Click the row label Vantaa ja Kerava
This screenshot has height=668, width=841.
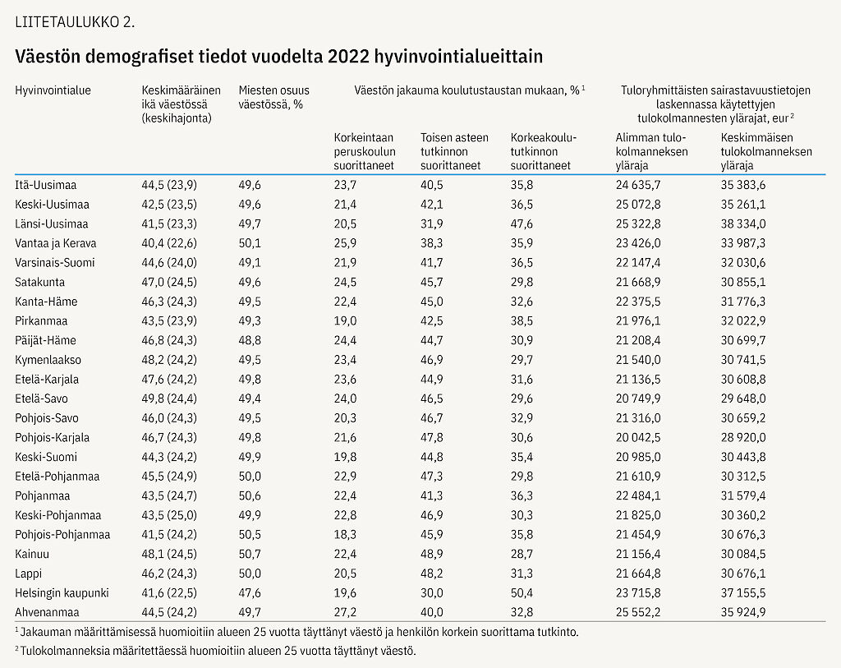coord(56,243)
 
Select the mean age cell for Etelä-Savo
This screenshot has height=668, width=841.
coord(169,398)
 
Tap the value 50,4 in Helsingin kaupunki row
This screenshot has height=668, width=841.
coord(522,593)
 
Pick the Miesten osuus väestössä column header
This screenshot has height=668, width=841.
coord(274,97)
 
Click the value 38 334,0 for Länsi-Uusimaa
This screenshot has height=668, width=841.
coord(743,223)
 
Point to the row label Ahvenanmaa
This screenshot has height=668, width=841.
coord(47,612)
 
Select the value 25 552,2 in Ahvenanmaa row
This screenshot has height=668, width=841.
coord(638,612)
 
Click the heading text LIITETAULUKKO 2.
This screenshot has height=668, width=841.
coord(75,22)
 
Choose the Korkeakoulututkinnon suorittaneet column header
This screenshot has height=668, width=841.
coord(544,151)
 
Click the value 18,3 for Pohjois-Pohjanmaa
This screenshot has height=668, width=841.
coord(345,535)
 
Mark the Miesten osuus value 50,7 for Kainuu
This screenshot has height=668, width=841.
coord(250,555)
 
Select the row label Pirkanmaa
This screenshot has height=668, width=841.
coord(41,321)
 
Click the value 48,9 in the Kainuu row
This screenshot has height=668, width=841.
coord(432,555)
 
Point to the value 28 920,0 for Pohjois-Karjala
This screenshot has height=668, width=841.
coord(743,438)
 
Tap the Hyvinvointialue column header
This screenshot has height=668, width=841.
coord(53,90)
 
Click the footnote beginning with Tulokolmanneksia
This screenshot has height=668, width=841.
coord(216,651)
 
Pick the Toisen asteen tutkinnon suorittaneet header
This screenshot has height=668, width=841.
coord(454,151)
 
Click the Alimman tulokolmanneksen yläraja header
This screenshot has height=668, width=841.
coord(651,151)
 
